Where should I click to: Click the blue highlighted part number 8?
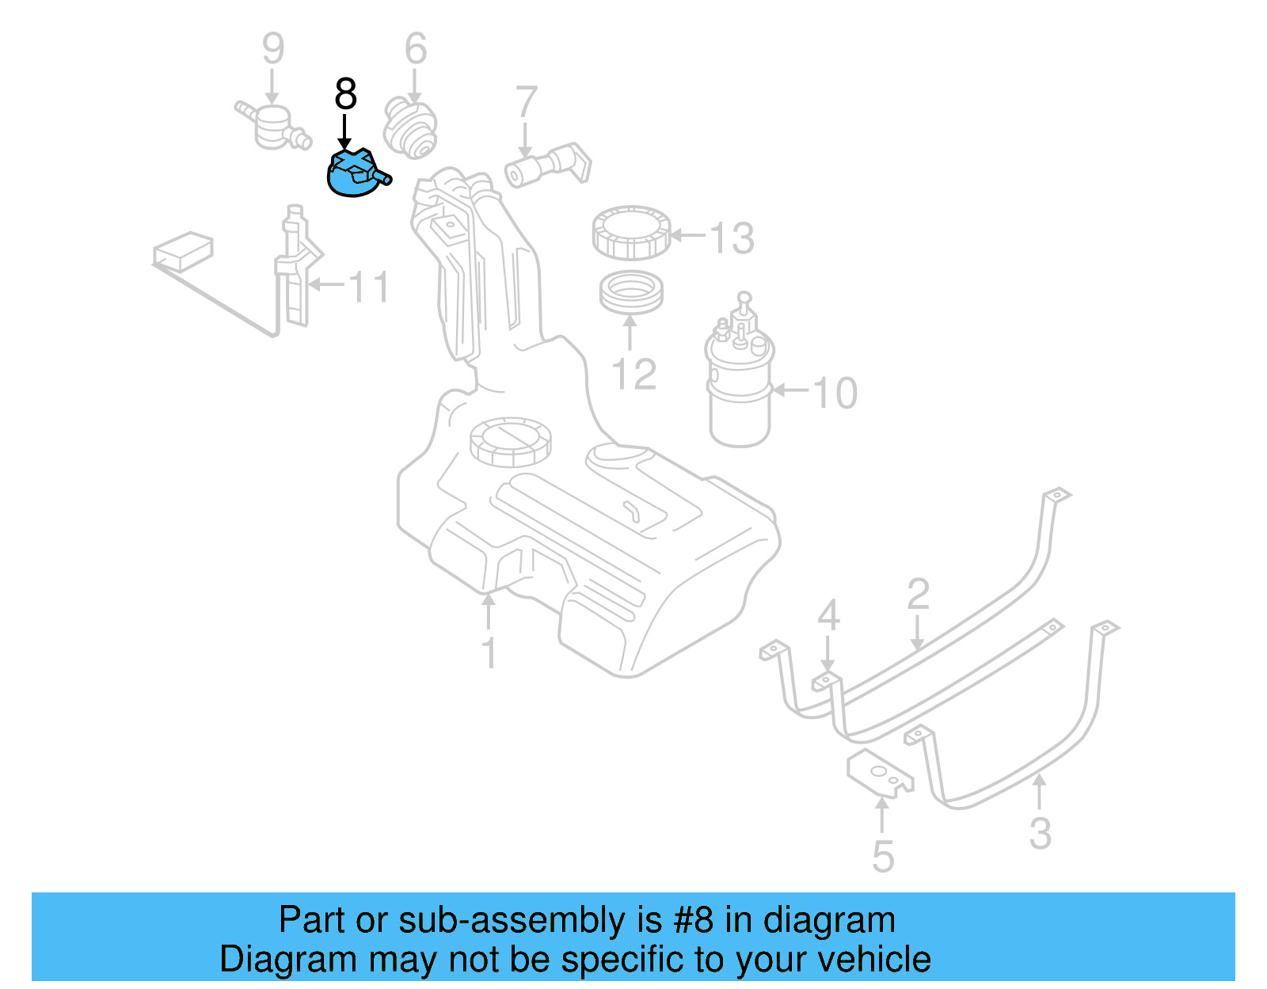coord(354,175)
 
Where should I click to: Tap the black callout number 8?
coord(346,94)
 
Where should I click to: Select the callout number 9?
coord(272,49)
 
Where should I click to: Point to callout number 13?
coord(732,238)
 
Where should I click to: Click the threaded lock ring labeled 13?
coord(631,233)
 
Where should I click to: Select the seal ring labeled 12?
coord(630,292)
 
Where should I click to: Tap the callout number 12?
coord(634,374)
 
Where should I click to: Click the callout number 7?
coord(526,103)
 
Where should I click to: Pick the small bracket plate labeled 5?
coord(879,773)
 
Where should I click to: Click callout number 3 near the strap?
coord(1040,833)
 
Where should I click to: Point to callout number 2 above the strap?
coord(918,594)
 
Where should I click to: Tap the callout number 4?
coord(828,615)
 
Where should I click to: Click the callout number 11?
coord(369,287)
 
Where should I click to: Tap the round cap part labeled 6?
coord(410,127)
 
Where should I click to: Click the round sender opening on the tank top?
coord(509,441)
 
